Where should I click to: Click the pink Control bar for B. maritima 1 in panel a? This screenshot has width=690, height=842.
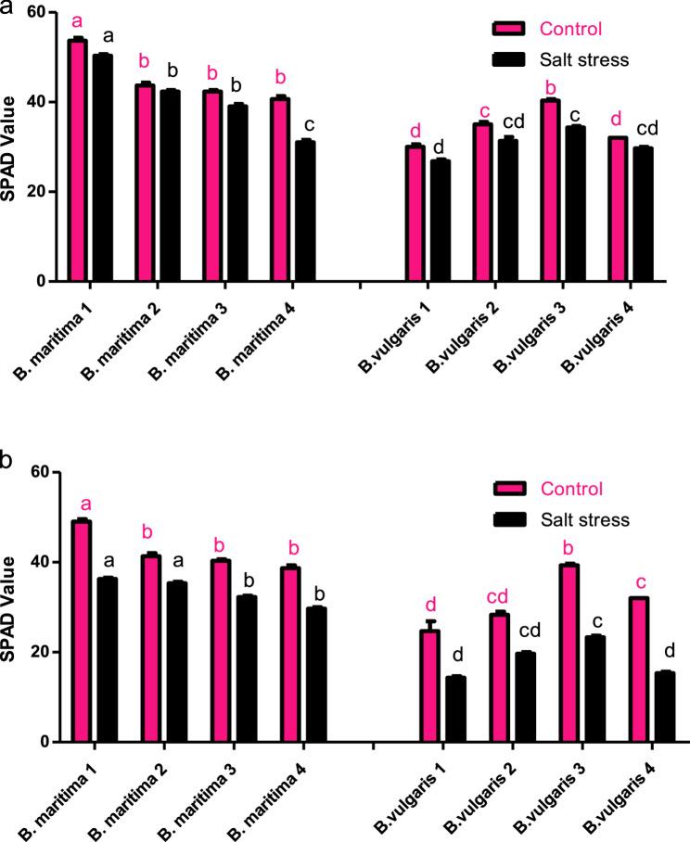78,161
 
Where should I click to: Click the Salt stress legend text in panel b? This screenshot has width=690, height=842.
584,519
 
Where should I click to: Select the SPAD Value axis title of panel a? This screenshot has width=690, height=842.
11,148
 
